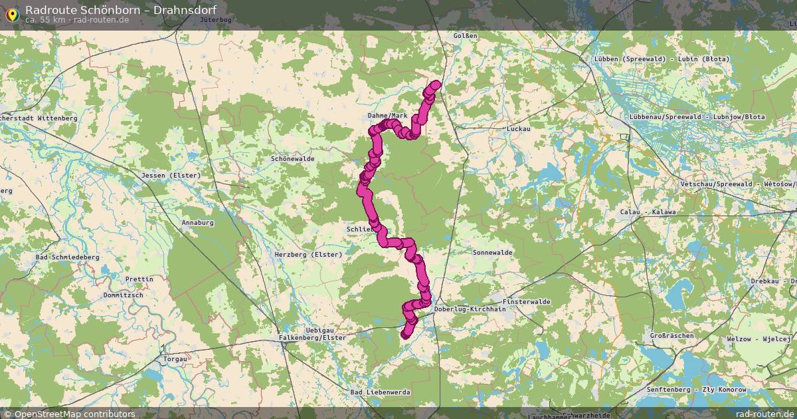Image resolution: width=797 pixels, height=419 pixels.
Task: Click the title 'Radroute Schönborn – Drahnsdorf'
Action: pyautogui.click(x=120, y=9)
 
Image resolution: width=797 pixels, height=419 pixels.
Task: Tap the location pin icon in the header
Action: pyautogui.click(x=12, y=13)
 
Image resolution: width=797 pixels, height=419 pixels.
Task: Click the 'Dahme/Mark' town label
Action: pyautogui.click(x=387, y=116)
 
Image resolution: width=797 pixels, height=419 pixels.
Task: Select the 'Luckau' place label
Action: pyautogui.click(x=517, y=128)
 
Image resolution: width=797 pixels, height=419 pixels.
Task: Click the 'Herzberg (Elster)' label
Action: pyautogui.click(x=308, y=255)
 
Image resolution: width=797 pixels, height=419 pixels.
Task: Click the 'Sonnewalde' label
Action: pyautogui.click(x=492, y=253)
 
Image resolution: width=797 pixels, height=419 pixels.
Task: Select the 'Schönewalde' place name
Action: pyautogui.click(x=293, y=159)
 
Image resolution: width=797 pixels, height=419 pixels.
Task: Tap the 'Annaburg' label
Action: pyautogui.click(x=197, y=223)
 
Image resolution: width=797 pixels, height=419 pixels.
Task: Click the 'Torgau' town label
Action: pyautogui.click(x=175, y=358)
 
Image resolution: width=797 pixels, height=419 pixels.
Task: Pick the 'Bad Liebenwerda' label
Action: pyautogui.click(x=381, y=392)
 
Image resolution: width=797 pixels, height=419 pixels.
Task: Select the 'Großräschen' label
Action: pyautogui.click(x=672, y=336)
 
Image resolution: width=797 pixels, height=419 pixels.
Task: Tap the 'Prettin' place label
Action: pyautogui.click(x=138, y=279)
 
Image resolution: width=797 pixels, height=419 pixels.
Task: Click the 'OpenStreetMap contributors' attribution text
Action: pyautogui.click(x=74, y=414)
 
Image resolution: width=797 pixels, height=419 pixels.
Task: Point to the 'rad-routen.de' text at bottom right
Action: pyautogui.click(x=765, y=414)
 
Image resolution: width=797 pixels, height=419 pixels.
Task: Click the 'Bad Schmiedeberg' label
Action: pyautogui.click(x=67, y=257)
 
